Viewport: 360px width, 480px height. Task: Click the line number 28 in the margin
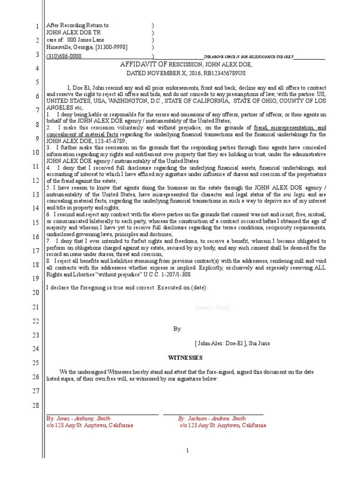[35, 405]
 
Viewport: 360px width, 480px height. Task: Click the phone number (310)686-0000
[64, 56]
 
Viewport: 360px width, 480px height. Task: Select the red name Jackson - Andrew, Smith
[211, 418]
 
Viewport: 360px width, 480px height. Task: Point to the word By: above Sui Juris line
[177, 329]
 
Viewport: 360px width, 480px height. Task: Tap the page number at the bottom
[187, 450]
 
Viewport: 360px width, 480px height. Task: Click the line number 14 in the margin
[35, 208]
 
